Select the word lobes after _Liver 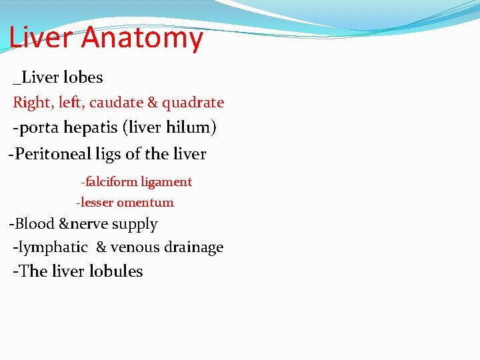(x=85, y=77)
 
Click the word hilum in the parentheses (x=193, y=127)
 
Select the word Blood (x=36, y=224)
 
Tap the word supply (x=135, y=225)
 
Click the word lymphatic (x=53, y=247)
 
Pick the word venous (x=135, y=247)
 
